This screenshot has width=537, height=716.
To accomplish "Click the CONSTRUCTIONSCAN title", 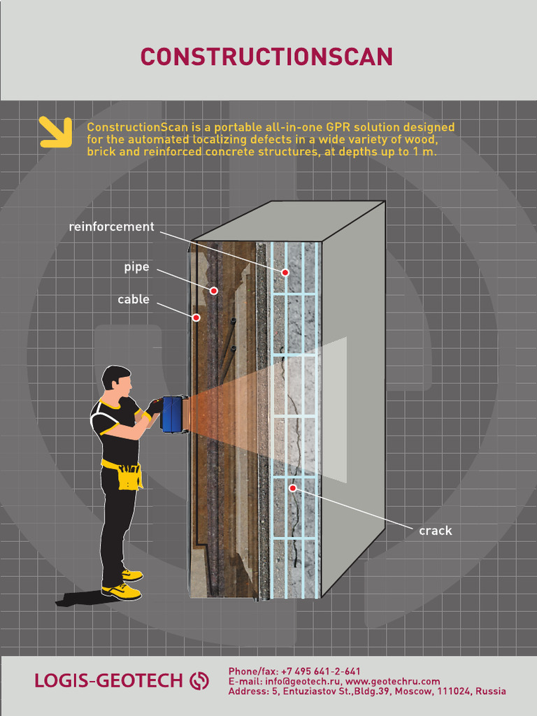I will point(266,57).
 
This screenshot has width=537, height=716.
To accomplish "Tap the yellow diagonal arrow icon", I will point(56,132).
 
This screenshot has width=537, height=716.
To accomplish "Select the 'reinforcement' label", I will point(111,227).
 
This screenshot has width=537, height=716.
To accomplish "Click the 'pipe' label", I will point(136,267).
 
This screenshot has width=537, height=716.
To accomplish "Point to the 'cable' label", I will point(133,299).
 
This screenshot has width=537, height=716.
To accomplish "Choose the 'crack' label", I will point(435,531).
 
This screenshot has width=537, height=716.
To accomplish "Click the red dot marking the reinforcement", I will point(285,272).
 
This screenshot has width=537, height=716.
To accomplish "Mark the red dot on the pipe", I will point(214,290).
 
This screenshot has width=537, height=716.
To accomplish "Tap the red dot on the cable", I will point(196,317).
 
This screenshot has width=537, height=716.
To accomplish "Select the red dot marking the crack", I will point(293,488).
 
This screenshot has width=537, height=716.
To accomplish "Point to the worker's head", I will point(117,381).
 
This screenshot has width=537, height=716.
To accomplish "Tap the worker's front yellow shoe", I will point(122,592).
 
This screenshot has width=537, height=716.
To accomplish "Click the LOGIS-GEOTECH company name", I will point(108,680).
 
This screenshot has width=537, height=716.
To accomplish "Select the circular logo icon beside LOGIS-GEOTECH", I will point(200,680).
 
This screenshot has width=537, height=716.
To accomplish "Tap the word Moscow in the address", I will point(414,691).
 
